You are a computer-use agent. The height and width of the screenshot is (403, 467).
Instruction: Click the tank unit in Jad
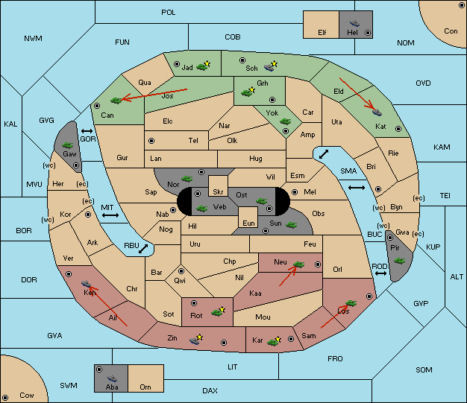(x=201, y=67)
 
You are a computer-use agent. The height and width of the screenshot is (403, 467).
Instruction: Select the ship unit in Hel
(x=354, y=23)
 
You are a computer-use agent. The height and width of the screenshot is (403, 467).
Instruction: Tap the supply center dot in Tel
(x=151, y=141)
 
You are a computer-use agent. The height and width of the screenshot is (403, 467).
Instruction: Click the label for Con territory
(x=451, y=31)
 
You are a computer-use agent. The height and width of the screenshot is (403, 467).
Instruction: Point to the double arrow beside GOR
(x=87, y=131)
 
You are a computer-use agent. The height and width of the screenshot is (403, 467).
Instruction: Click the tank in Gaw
(x=68, y=145)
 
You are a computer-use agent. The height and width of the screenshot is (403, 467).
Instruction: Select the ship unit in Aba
(x=112, y=378)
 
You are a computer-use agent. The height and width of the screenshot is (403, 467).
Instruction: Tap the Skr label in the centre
(x=218, y=192)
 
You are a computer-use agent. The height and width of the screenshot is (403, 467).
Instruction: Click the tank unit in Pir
(x=399, y=261)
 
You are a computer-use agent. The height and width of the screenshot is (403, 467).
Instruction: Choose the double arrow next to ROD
(x=380, y=273)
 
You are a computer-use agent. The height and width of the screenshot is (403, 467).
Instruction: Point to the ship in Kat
(x=377, y=112)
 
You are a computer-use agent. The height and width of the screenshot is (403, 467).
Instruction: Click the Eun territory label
(x=248, y=223)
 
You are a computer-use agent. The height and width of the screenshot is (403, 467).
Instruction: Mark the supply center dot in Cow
(x=4, y=398)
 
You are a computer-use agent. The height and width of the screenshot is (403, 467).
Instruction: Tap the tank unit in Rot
(x=217, y=312)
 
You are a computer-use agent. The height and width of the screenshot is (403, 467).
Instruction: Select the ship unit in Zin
(x=195, y=340)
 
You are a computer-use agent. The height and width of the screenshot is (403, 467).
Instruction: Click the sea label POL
(x=169, y=13)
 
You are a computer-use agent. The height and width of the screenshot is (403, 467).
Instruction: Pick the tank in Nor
(x=187, y=179)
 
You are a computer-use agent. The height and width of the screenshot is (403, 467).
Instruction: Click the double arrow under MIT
(x=110, y=215)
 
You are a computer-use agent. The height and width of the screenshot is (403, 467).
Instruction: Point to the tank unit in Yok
(x=285, y=121)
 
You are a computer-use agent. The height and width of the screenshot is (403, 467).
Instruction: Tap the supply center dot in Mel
(x=295, y=192)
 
